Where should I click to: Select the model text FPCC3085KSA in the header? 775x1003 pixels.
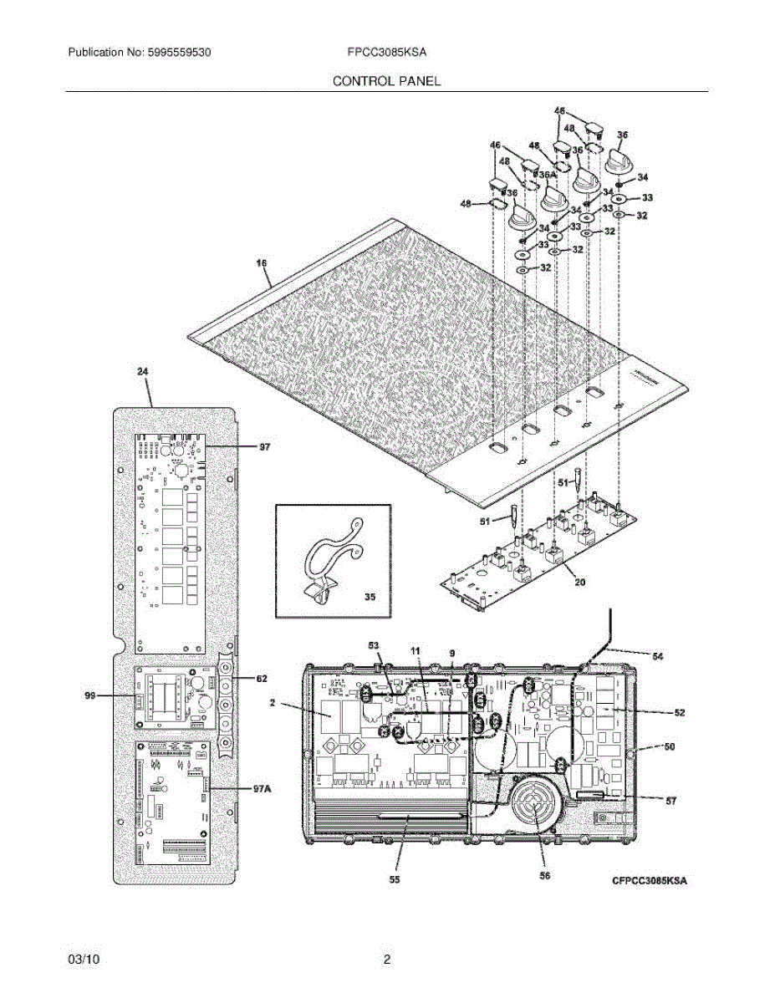(x=387, y=52)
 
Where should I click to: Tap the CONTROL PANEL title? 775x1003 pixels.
(x=387, y=81)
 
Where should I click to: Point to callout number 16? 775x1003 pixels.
(x=262, y=264)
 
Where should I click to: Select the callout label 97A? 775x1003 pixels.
(x=263, y=788)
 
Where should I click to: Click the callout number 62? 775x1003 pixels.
(x=261, y=679)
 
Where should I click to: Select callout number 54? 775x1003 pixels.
(x=658, y=657)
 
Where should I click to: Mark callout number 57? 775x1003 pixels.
(x=670, y=801)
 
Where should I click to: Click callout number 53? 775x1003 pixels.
(x=373, y=646)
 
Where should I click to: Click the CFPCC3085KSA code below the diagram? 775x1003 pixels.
(x=649, y=880)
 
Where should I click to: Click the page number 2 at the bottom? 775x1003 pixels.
(x=386, y=960)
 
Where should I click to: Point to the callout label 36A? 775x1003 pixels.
(x=546, y=175)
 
